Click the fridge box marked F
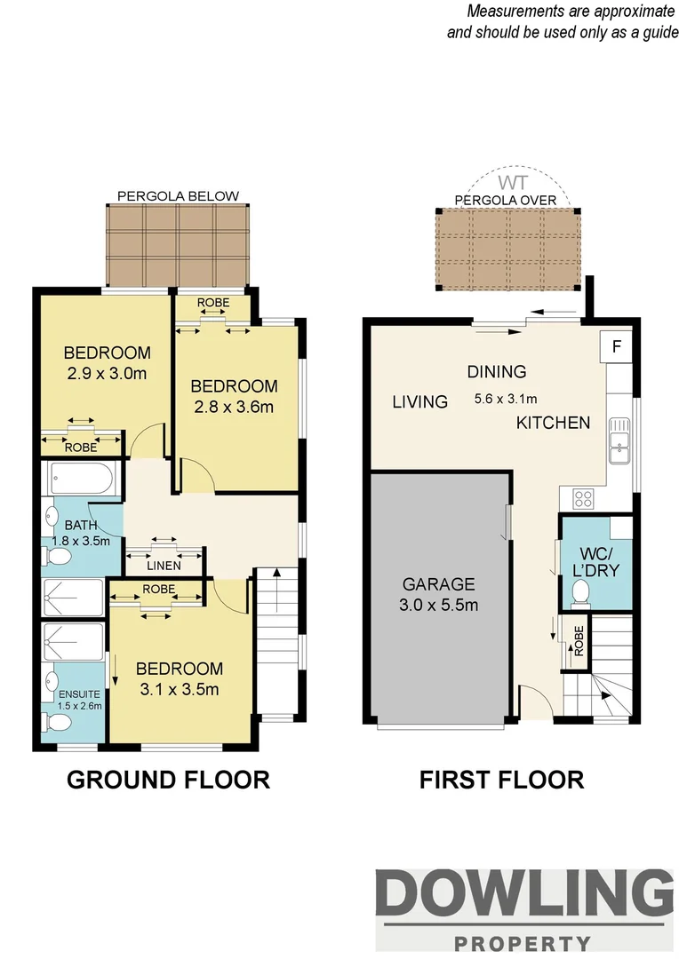click(614, 346)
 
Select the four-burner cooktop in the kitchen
click(585, 498)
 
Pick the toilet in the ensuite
click(56, 724)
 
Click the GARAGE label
click(438, 585)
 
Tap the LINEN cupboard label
click(164, 566)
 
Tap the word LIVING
click(419, 402)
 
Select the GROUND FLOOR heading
click(169, 780)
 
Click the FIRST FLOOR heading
click(501, 780)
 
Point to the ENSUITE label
click(80, 693)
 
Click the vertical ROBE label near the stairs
click(579, 641)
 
